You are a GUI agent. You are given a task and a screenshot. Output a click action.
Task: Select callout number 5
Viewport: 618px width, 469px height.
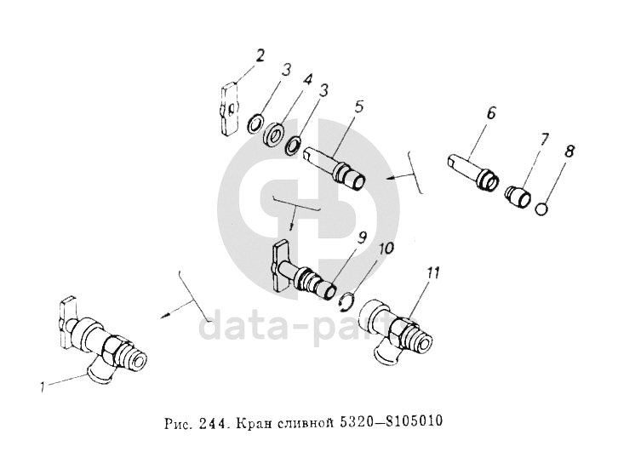click(x=358, y=108)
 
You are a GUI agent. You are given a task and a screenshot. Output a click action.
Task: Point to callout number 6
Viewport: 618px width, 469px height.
click(x=490, y=114)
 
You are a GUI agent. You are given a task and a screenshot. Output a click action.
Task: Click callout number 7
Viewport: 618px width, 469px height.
click(x=543, y=140)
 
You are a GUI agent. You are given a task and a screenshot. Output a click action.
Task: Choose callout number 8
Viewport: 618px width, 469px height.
click(x=569, y=152)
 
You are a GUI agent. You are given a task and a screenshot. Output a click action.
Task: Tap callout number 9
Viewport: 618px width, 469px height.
click(x=362, y=238)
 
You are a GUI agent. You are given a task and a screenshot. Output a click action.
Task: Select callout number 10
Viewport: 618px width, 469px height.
click(x=386, y=249)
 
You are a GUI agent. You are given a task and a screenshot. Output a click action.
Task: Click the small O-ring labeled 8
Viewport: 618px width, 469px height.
click(x=542, y=209)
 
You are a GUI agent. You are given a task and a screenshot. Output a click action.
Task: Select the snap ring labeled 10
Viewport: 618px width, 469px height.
click(x=347, y=302)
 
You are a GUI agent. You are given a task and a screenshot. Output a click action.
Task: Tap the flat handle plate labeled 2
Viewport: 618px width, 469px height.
click(x=229, y=109)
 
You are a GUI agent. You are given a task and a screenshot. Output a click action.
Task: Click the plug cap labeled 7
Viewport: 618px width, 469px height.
click(x=518, y=196)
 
